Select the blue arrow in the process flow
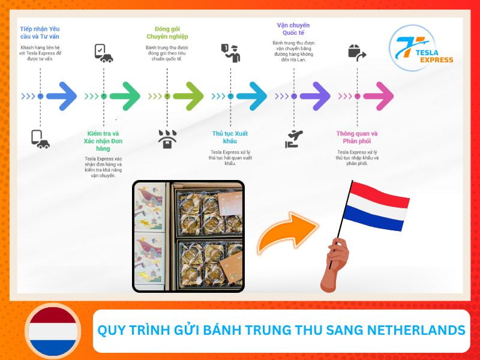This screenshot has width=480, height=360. pyautogui.click(x=61, y=96)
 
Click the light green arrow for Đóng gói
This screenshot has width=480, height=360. pyautogui.click(x=188, y=96)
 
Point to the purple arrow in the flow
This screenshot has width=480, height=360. pyautogui.click(x=314, y=96)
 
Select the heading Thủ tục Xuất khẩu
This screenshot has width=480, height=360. pyautogui.click(x=230, y=137)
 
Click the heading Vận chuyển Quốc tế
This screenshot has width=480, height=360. pyautogui.click(x=293, y=29)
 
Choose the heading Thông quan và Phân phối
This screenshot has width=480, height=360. pyautogui.click(x=357, y=137)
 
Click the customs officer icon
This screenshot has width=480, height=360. pyautogui.click(x=230, y=53)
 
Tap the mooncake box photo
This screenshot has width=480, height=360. pyautogui.click(x=188, y=236)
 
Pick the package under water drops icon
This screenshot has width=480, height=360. pyautogui.click(x=167, y=139)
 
